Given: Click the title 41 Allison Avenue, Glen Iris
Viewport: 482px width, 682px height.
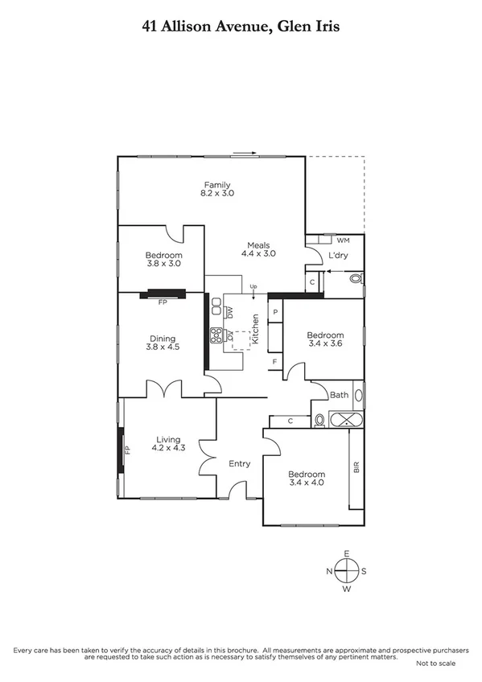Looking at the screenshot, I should tap(241, 27).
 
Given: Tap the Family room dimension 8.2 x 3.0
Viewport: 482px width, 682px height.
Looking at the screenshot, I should tap(217, 194).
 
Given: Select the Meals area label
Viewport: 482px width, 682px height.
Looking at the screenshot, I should tap(258, 245).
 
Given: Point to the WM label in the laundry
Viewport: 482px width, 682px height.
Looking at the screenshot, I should tap(343, 240).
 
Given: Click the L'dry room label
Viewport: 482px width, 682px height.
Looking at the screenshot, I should tap(338, 256).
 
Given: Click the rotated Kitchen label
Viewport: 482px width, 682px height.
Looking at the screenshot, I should tap(255, 330).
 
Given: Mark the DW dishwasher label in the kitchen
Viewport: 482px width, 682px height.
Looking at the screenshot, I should tap(229, 311).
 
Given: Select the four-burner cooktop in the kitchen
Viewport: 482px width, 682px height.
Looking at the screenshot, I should tap(216, 335).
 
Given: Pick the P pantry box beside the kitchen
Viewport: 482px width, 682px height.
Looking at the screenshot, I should tap(275, 311).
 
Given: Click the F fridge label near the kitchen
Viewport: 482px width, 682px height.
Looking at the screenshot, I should tap(275, 362).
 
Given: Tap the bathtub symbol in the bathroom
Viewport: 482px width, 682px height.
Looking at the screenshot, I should tap(344, 419).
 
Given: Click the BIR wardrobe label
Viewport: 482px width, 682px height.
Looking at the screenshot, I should tap(356, 466).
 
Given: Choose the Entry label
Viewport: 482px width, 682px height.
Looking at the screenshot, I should tap(239, 463).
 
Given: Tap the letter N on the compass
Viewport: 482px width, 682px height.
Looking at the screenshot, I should tap(329, 571).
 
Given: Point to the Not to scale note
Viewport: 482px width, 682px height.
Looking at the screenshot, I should tap(435, 664).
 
